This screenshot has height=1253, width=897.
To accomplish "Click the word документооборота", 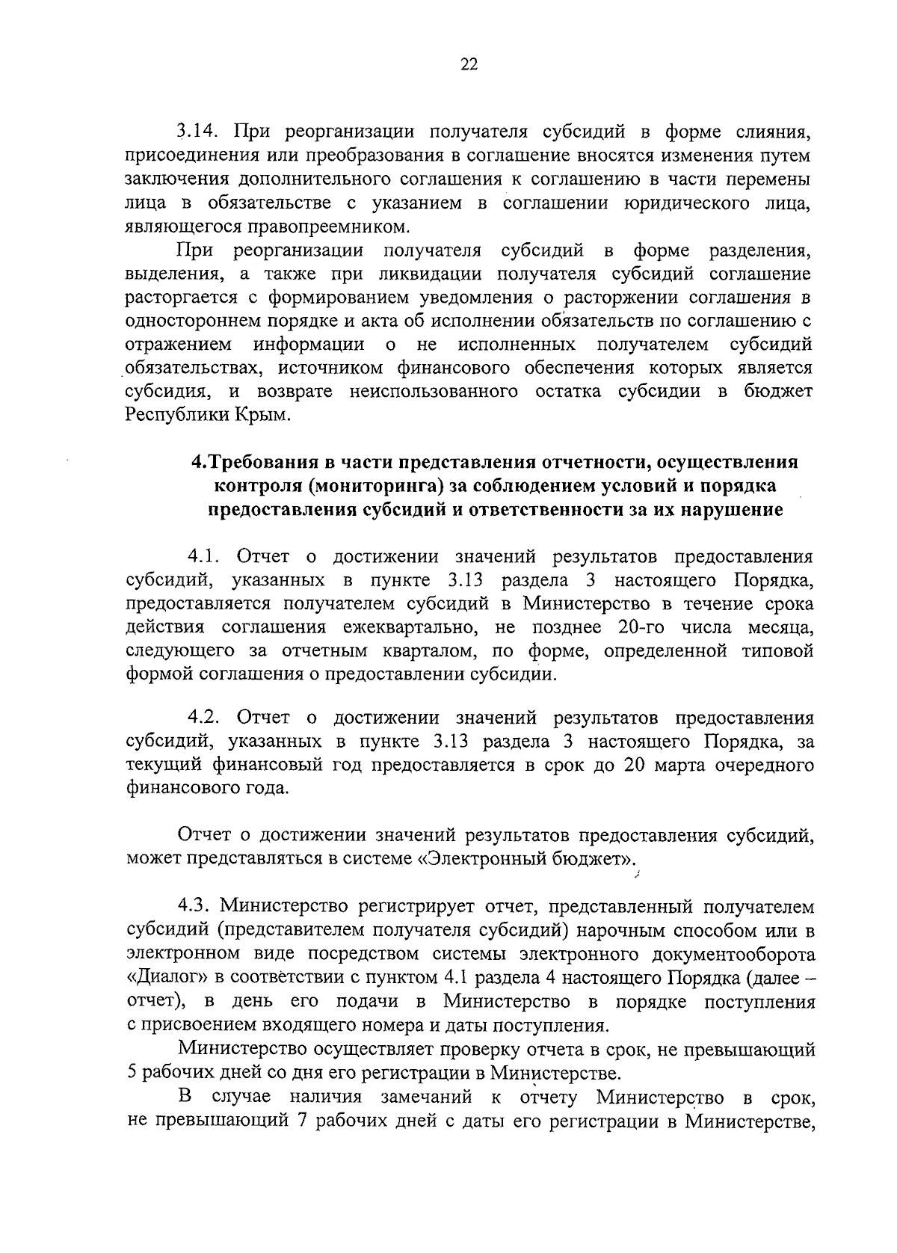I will point(736,954).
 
